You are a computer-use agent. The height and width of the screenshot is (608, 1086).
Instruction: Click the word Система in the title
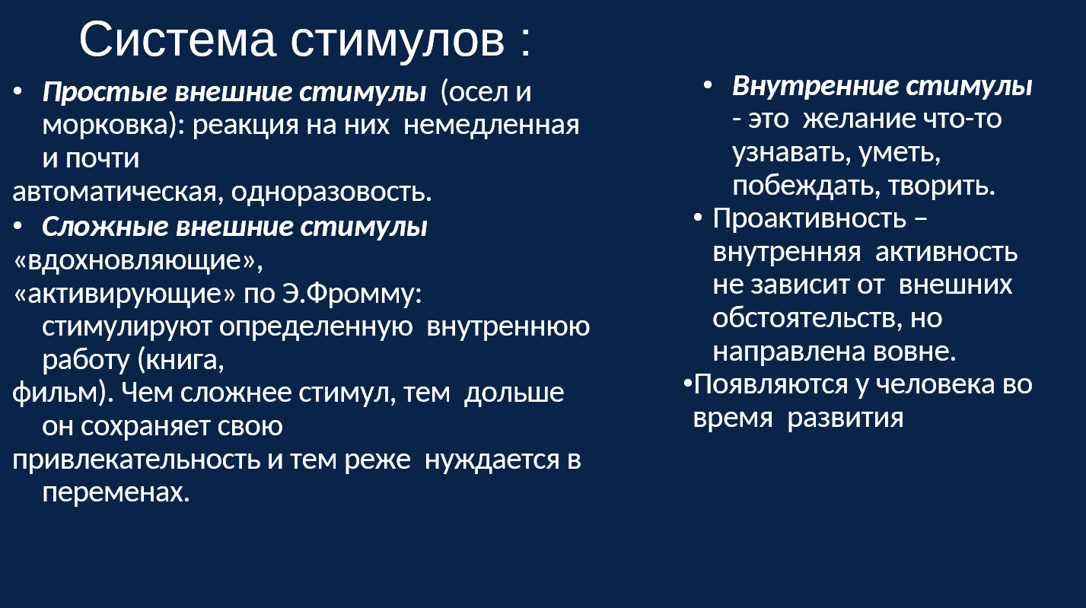click(x=177, y=40)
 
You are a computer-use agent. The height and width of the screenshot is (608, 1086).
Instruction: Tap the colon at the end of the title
click(x=527, y=42)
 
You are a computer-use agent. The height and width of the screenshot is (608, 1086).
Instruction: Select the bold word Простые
click(x=105, y=92)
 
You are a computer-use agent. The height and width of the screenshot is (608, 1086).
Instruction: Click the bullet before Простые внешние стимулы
click(x=18, y=91)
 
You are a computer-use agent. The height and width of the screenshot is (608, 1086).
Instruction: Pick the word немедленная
click(x=491, y=125)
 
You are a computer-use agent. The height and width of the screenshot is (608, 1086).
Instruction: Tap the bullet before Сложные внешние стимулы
click(x=18, y=226)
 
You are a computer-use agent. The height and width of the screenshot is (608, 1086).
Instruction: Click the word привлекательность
click(x=136, y=460)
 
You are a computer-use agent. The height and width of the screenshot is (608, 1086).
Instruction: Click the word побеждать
click(x=801, y=186)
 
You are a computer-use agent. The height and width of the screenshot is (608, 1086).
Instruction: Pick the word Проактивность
click(x=809, y=219)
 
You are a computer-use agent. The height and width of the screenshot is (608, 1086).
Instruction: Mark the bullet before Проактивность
click(x=698, y=218)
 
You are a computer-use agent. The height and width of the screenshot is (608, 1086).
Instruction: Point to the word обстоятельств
click(x=803, y=318)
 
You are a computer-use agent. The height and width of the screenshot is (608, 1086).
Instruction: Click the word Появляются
click(x=771, y=385)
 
